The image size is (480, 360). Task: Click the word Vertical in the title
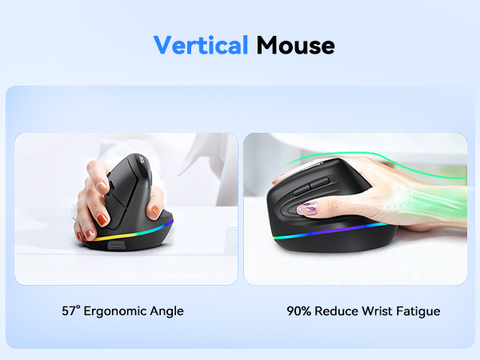point(200,45)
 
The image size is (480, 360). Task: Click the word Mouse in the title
point(295,45)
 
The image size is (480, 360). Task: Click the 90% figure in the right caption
point(299,310)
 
